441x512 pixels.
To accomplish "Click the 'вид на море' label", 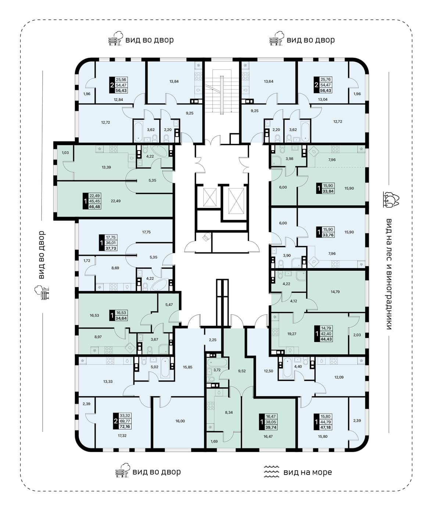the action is tap(307, 472).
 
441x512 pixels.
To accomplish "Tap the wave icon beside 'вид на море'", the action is tap(272, 472).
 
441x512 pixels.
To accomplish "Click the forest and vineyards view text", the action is tap(389, 274).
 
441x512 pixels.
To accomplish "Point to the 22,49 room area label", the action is tap(115, 201).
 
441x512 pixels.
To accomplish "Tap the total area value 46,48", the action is tap(94, 206).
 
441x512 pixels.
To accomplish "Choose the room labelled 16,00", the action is tap(180, 421).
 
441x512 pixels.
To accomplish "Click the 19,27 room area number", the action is tap(291, 333).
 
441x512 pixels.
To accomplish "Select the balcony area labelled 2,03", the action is tap(357, 335).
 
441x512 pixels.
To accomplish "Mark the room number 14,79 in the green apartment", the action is tap(335, 292).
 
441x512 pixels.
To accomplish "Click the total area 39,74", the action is tap(271, 427).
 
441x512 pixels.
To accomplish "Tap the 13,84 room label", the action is tap(174, 81).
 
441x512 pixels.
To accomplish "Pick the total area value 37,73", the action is tap(111, 248).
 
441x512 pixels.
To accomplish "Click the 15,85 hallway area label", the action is tap(188, 367).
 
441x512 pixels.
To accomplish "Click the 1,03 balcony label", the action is tap(65, 152).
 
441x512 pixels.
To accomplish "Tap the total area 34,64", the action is tap(121, 318).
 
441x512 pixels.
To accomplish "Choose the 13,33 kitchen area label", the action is tap(108, 382).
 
